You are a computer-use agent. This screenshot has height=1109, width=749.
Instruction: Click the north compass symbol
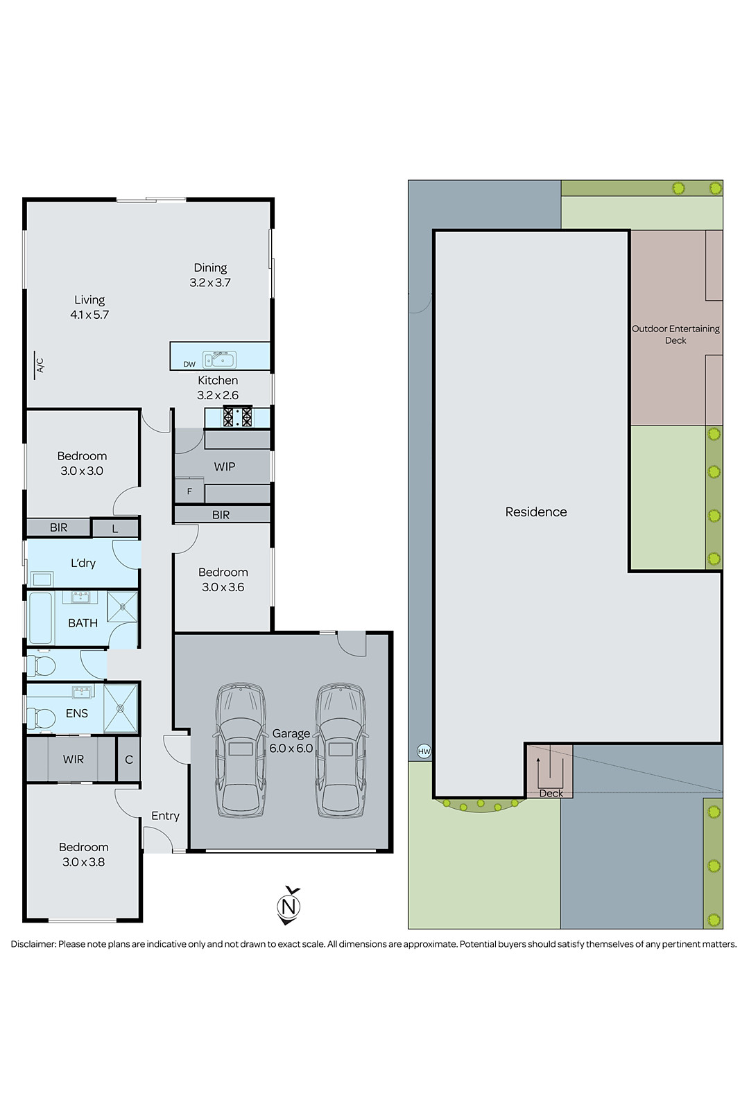pos(289,906)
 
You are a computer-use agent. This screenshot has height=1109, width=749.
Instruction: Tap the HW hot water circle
pos(424,751)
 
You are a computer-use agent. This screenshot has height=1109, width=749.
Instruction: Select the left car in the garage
pos(240,749)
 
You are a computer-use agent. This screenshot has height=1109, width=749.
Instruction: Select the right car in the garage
pos(341,749)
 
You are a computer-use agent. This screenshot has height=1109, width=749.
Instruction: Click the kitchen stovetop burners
pos(237,417)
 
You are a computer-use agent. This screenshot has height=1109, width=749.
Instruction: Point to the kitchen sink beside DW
pos(219,359)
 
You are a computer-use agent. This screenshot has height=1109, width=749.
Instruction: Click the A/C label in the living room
pos(40,365)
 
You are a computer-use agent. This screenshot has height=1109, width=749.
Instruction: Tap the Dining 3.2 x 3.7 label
pos(210,274)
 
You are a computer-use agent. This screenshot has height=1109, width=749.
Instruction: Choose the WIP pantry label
pos(224,466)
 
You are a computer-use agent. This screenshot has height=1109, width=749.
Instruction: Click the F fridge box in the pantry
pos(189,491)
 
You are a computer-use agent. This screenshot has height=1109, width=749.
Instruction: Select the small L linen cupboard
pos(115,528)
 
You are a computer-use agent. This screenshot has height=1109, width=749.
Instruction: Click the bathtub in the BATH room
pos(41,618)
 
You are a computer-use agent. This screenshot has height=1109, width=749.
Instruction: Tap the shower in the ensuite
pos(121,708)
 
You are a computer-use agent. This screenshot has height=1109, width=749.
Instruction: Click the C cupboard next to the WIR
pos(129,760)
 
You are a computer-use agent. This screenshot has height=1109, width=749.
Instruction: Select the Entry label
pos(165,816)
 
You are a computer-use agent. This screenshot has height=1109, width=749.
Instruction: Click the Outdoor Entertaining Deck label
pos(675,334)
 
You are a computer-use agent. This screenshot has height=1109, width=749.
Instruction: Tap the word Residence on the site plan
pos(535,512)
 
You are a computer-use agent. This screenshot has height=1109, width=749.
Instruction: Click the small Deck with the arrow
pos(549,772)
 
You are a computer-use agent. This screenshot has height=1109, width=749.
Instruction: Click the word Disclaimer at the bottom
pos(32,944)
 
